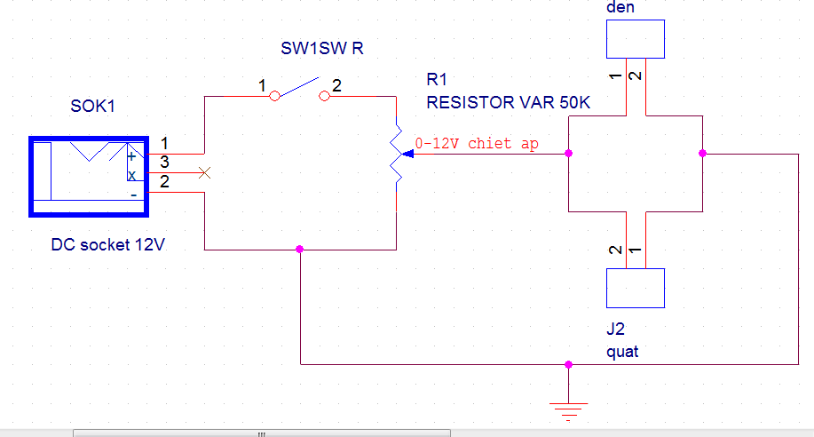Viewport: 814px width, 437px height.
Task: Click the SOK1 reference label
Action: pyautogui.click(x=92, y=107)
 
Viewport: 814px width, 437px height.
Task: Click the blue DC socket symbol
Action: pyautogui.click(x=89, y=177)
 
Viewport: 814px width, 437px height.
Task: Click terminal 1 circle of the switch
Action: pyautogui.click(x=276, y=94)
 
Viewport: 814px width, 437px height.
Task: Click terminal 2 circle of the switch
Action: pyautogui.click(x=323, y=94)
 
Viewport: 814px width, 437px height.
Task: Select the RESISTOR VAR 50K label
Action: pyautogui.click(x=508, y=102)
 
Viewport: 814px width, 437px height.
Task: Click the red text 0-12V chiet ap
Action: pyautogui.click(x=476, y=143)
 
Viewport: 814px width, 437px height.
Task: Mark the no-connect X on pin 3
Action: pyautogui.click(x=205, y=171)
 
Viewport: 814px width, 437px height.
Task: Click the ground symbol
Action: pyautogui.click(x=568, y=409)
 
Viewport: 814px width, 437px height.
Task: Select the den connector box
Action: pyautogui.click(x=636, y=39)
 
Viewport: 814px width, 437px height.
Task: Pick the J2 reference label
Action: pyautogui.click(x=615, y=330)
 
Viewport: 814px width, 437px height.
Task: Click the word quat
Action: pyautogui.click(x=621, y=352)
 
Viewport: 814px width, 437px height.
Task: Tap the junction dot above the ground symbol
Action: pyautogui.click(x=568, y=364)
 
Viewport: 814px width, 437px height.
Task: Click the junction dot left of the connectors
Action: pyautogui.click(x=568, y=154)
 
